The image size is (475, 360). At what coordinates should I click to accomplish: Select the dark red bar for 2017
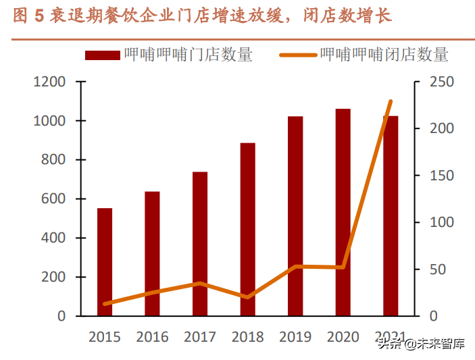click(200, 244)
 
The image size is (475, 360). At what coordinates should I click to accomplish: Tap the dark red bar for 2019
click(295, 216)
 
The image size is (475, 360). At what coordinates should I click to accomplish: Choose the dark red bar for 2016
click(152, 254)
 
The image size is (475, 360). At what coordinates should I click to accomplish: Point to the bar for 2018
click(247, 230)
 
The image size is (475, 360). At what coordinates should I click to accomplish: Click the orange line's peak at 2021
click(391, 101)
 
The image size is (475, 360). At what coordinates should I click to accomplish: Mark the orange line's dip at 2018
click(247, 297)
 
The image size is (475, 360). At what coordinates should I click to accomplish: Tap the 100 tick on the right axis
click(432, 222)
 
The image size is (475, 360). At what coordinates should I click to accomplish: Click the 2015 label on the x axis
click(105, 337)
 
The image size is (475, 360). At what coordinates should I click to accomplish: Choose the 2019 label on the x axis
click(295, 337)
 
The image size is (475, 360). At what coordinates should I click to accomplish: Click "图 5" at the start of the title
click(28, 16)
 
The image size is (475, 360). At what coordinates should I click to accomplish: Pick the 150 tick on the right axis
click(432, 176)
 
